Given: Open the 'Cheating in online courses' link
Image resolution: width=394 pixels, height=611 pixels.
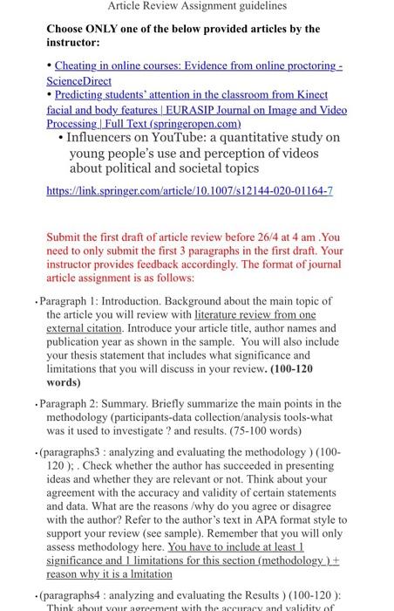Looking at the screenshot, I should pos(192,66).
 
